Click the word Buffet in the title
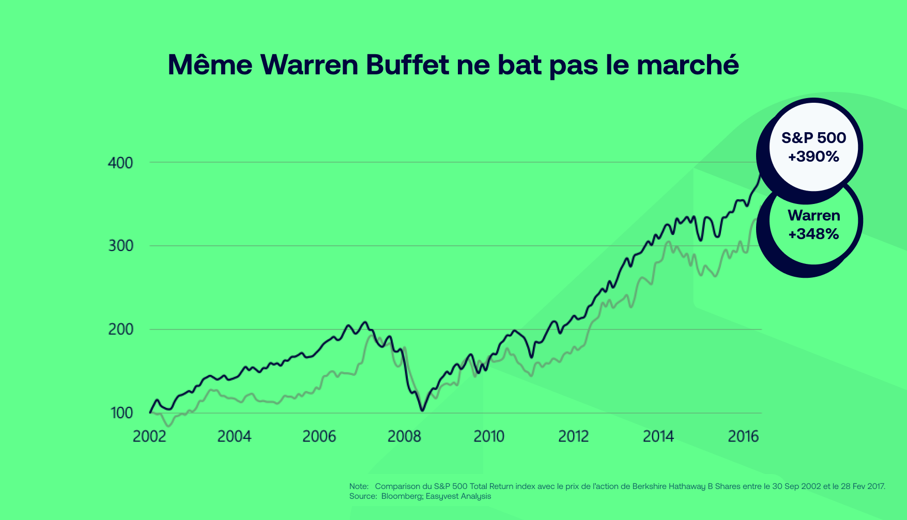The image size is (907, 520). click(x=407, y=65)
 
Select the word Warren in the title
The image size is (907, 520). click(x=309, y=65)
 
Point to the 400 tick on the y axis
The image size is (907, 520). click(x=120, y=163)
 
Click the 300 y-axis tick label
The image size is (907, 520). click(x=120, y=246)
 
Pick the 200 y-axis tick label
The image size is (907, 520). click(x=120, y=329)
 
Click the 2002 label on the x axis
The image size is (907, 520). click(x=149, y=437)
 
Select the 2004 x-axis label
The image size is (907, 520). click(x=234, y=437)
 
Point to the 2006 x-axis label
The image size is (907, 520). click(x=319, y=437)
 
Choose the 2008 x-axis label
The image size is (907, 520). click(x=404, y=437)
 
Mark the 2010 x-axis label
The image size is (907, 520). click(x=489, y=437)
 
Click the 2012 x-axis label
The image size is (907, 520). click(x=573, y=437)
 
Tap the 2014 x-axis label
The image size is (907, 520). click(x=658, y=437)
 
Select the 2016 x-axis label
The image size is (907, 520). click(x=743, y=437)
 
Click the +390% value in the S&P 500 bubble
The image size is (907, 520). click(x=813, y=156)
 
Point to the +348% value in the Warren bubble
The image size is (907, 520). click(x=813, y=234)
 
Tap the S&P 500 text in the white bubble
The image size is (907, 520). click(x=813, y=138)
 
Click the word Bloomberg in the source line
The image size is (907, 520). click(x=401, y=496)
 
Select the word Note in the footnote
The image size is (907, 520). click(x=358, y=486)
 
